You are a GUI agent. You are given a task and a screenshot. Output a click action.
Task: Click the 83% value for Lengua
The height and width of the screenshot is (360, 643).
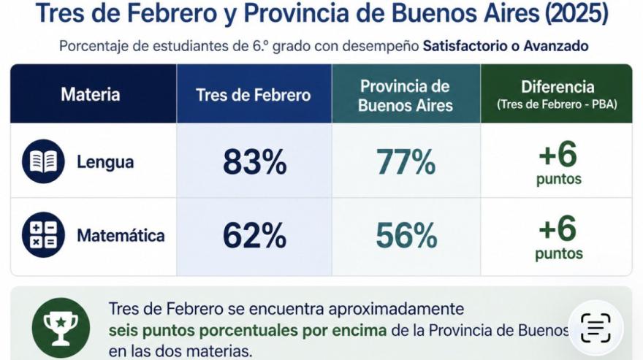255,162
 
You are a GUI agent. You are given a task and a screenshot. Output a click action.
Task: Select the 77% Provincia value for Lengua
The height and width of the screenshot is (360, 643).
406,162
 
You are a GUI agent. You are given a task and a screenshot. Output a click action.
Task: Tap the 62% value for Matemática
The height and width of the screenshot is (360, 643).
255,235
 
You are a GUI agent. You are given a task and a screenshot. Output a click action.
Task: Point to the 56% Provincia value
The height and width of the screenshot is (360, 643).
406,235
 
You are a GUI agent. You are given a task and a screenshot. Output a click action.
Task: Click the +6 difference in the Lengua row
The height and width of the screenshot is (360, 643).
558,154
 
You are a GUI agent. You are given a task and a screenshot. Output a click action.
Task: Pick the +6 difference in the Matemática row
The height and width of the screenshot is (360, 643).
558,228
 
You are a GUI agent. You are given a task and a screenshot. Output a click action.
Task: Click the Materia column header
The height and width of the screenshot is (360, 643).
90,94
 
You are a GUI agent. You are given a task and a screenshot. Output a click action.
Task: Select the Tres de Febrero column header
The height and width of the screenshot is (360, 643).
254,95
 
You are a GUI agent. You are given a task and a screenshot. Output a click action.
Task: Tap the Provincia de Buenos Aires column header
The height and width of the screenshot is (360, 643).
405,96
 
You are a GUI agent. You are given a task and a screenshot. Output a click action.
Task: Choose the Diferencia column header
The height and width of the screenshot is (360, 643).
558,87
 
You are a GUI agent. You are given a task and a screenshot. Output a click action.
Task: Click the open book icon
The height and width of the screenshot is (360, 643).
43,161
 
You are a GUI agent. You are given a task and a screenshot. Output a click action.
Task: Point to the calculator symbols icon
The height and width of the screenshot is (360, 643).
43,235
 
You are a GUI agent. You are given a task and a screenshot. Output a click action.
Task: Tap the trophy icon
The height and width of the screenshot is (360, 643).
61,327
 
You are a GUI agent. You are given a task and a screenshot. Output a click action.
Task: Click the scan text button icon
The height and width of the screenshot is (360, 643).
596,327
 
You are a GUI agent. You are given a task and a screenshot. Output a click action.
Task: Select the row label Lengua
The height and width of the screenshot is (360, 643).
105,162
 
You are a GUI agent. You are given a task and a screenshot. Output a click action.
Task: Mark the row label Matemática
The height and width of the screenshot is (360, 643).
121,235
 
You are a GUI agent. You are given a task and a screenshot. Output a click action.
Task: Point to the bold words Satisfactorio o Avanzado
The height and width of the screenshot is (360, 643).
506,46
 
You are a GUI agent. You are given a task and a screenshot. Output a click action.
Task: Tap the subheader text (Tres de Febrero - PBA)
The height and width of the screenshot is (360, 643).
558,104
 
